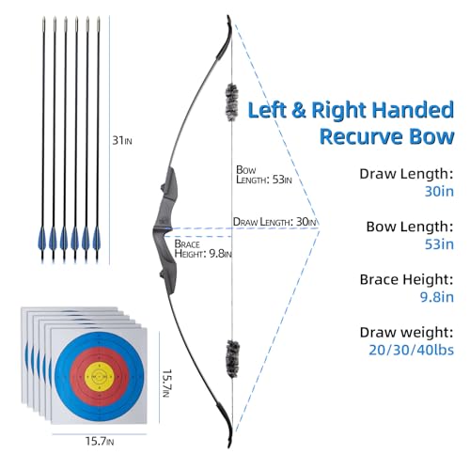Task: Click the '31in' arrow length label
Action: tap(122, 140)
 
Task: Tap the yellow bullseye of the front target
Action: tap(100, 376)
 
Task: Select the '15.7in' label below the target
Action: tap(100, 442)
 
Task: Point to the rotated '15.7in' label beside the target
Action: tap(166, 384)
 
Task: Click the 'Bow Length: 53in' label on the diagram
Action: tap(264, 175)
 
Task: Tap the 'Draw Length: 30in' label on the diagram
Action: tap(274, 222)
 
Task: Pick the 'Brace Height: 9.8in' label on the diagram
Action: tap(203, 249)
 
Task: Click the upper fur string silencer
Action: tap(231, 102)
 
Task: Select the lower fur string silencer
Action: tap(233, 359)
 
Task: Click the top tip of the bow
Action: tap(228, 16)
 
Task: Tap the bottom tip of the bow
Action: tap(229, 446)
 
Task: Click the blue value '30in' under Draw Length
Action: tap(439, 191)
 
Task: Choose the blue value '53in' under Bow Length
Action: tap(439, 244)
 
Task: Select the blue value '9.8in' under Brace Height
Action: tap(437, 297)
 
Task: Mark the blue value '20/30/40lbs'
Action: tap(411, 350)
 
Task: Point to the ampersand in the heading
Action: tap(298, 110)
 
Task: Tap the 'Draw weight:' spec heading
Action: tap(406, 333)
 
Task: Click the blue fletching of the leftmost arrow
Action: tap(42, 239)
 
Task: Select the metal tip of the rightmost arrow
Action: tap(99, 23)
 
